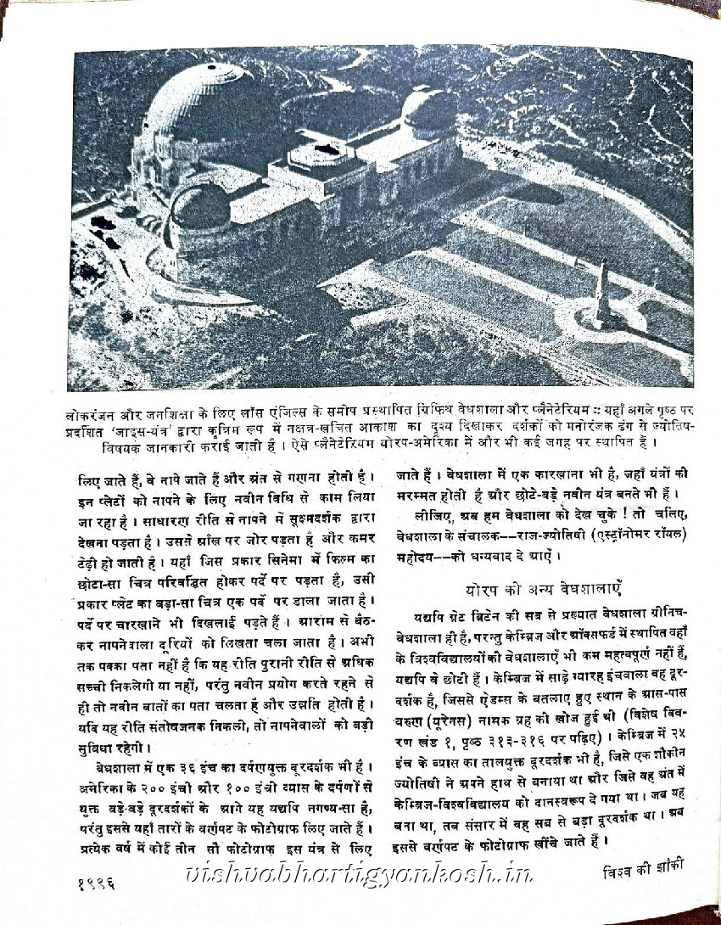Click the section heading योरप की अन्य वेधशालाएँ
tap(526, 587)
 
